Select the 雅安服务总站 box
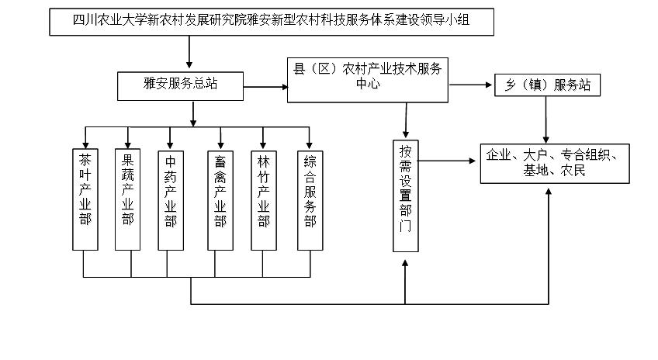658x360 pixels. click(x=181, y=84)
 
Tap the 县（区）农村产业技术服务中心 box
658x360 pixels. click(x=367, y=78)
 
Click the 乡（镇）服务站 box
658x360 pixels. click(x=547, y=85)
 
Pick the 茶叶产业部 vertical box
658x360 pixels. click(x=85, y=198)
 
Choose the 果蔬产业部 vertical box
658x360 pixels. click(x=128, y=198)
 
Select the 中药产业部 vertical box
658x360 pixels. click(x=171, y=198)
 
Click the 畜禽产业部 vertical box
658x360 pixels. click(x=221, y=198)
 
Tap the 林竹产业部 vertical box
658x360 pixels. click(x=264, y=198)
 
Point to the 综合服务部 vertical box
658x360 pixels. click(x=310, y=198)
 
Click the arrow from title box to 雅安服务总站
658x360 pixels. click(x=189, y=54)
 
